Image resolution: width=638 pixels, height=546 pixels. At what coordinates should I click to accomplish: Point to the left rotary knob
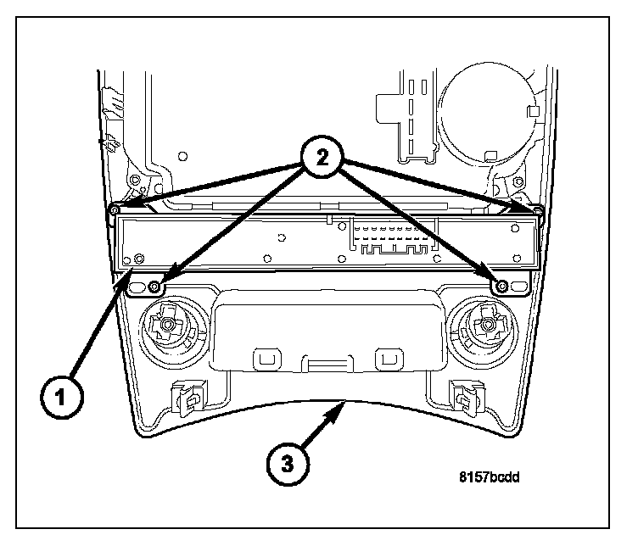coord(167,324)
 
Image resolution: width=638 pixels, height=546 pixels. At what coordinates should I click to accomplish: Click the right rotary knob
coord(486,324)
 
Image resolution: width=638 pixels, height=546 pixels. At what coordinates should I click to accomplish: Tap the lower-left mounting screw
coord(154,286)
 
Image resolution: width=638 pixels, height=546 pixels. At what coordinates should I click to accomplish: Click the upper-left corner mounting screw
coord(114,209)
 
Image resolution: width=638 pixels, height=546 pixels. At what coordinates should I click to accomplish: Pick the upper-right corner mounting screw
coord(537,209)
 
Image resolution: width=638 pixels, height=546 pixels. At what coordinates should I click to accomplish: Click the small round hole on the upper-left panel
coord(181,156)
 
